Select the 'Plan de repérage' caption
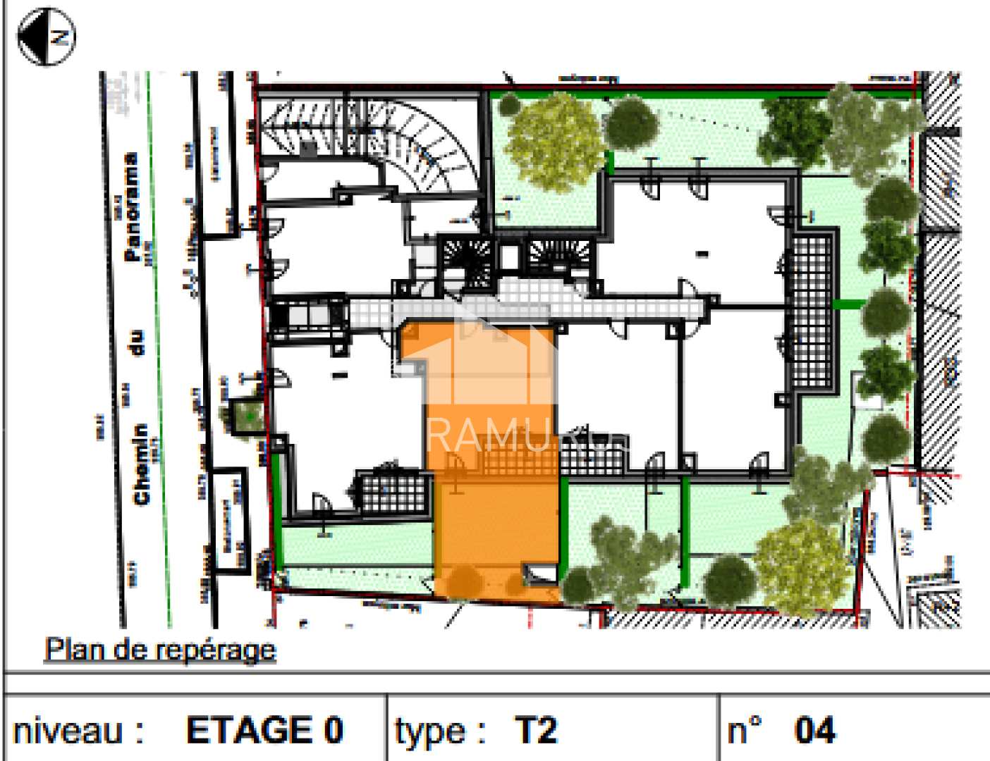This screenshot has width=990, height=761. coord(160,649)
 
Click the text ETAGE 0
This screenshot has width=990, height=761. coord(264,730)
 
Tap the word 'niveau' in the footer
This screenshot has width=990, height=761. coord(68,731)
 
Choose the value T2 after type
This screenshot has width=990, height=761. coord(536,730)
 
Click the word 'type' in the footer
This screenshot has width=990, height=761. coord(430,731)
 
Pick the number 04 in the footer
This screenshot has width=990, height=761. coord(815,730)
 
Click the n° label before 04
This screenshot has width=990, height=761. coord(745,730)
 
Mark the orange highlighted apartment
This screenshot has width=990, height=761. coord(494,493)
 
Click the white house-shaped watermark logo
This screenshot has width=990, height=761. coord(487,359)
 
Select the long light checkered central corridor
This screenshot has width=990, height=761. coord(529,309)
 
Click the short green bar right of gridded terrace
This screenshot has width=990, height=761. coord(848,304)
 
